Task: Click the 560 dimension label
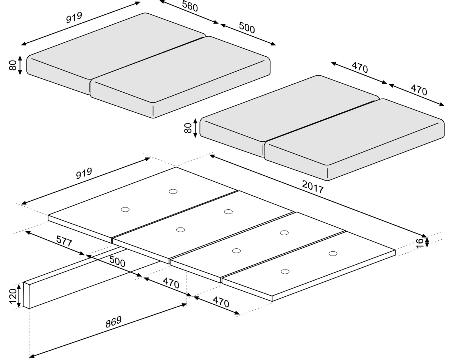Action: tap(190, 6)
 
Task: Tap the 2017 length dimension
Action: tap(313, 187)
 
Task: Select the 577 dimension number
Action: tap(64, 241)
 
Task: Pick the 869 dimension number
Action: tap(113, 322)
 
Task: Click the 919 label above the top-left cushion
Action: tap(74, 18)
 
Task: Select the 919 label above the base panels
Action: tap(84, 173)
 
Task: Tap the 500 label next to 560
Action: tap(247, 28)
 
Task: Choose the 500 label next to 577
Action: tap(117, 262)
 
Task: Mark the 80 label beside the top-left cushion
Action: tap(13, 65)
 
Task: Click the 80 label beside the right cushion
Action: tap(188, 128)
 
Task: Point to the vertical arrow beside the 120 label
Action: tap(19, 296)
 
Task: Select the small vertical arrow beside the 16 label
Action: tap(427, 242)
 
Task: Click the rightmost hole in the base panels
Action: tap(333, 254)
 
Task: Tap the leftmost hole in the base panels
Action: tap(125, 209)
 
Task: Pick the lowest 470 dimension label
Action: tap(221, 302)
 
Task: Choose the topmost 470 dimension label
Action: tap(360, 67)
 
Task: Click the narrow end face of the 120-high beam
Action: tap(26, 295)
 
